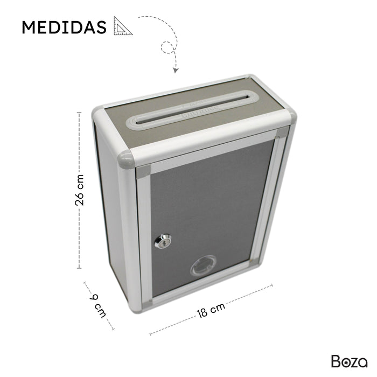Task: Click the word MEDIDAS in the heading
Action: [x=64, y=27]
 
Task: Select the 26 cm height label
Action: [x=80, y=190]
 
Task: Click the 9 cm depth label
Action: [x=99, y=305]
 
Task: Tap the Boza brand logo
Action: [x=350, y=360]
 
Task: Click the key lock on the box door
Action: [x=163, y=240]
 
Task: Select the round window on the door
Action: [x=202, y=268]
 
